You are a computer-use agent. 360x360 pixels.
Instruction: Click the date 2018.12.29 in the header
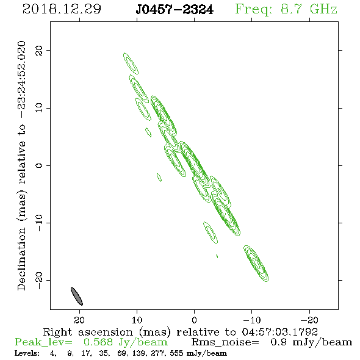62,9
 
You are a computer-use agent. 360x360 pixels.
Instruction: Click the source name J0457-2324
175,10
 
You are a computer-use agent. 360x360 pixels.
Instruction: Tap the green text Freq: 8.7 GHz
286,10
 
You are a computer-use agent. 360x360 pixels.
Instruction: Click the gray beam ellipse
76,296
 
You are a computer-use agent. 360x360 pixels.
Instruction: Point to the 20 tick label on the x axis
79,320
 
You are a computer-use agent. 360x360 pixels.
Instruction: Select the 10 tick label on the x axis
137,320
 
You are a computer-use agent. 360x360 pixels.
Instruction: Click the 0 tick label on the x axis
194,320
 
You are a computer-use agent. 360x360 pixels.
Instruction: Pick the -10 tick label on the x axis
252,320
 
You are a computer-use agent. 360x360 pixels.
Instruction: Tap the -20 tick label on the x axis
309,320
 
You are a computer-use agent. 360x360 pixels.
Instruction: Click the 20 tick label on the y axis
39,50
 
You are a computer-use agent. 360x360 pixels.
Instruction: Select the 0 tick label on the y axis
39,165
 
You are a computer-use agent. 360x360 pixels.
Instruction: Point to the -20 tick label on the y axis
39,280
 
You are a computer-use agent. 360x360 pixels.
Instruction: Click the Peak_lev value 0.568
98,342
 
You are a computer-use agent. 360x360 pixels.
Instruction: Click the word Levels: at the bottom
27,353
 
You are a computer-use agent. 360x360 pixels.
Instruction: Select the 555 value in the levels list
176,353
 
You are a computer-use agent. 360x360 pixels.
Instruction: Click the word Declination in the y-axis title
21,259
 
